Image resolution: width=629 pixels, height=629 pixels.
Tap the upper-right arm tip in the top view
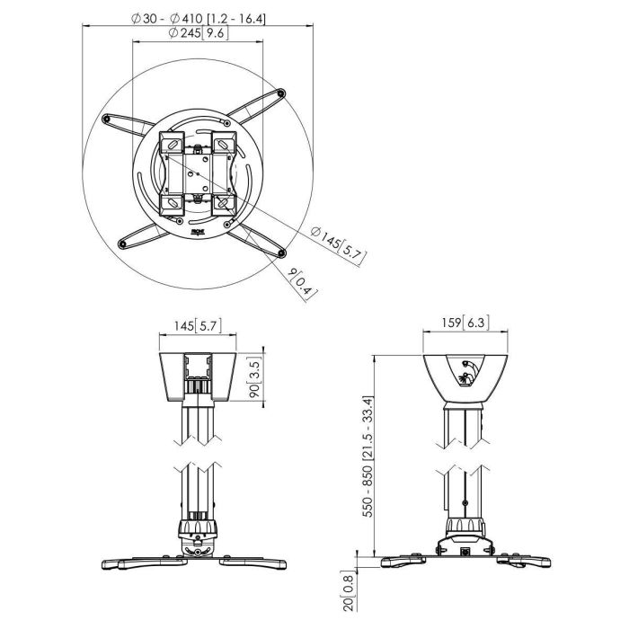(282, 92)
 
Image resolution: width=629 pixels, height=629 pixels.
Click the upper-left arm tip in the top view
(109, 118)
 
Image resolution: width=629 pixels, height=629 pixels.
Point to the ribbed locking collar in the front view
(199, 527)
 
